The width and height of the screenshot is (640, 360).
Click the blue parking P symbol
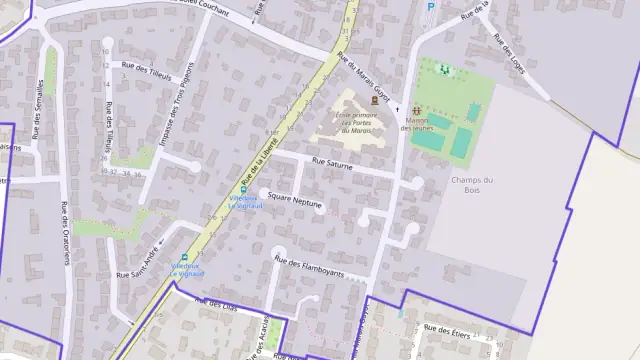pyautogui.click(x=431, y=7)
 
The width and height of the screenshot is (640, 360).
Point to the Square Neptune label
pyautogui.click(x=294, y=202)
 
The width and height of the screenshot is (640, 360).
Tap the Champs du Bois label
pyautogui.click(x=466, y=185)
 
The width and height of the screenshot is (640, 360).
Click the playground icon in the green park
pyautogui.click(x=445, y=69)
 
